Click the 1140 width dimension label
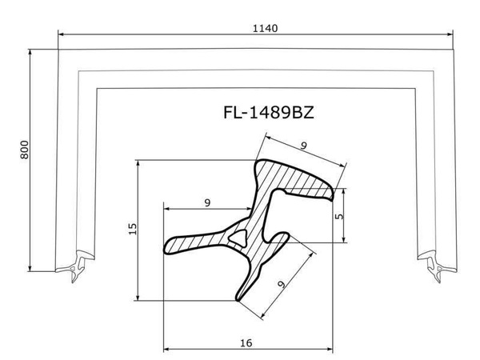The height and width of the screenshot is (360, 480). coord(265,29)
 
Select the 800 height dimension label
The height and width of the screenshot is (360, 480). coord(25,150)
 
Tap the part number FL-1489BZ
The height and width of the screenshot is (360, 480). coord(269,112)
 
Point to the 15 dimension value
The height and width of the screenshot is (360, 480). coord(133,229)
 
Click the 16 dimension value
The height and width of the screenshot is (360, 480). coord(246,343)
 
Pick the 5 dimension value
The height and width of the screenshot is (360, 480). coord(339,216)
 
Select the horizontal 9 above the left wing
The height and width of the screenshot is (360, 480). coord(207,202)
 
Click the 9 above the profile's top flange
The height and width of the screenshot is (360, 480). coord(303,146)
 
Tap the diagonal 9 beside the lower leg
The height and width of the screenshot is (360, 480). coord(282,284)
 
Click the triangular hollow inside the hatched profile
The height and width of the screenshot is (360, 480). coord(238,238)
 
